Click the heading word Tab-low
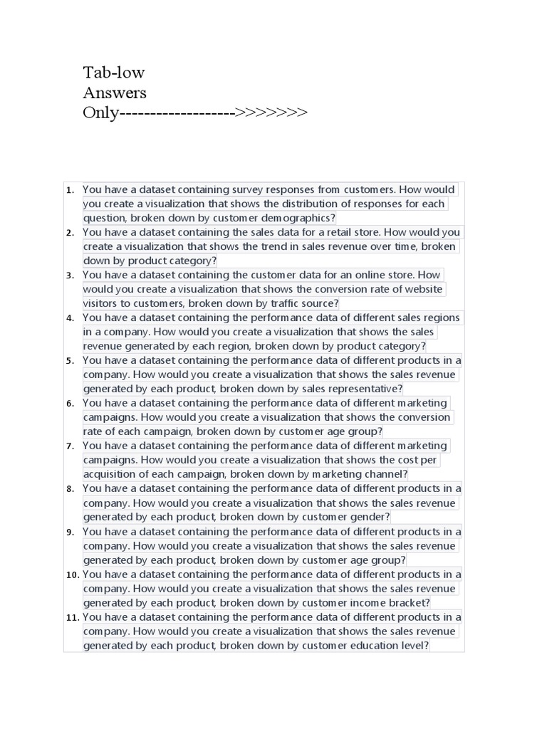(113, 73)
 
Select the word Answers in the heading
(115, 93)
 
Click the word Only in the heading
(100, 112)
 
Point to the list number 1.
(70, 190)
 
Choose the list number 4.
(70, 318)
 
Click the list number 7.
(70, 446)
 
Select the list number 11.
(72, 617)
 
